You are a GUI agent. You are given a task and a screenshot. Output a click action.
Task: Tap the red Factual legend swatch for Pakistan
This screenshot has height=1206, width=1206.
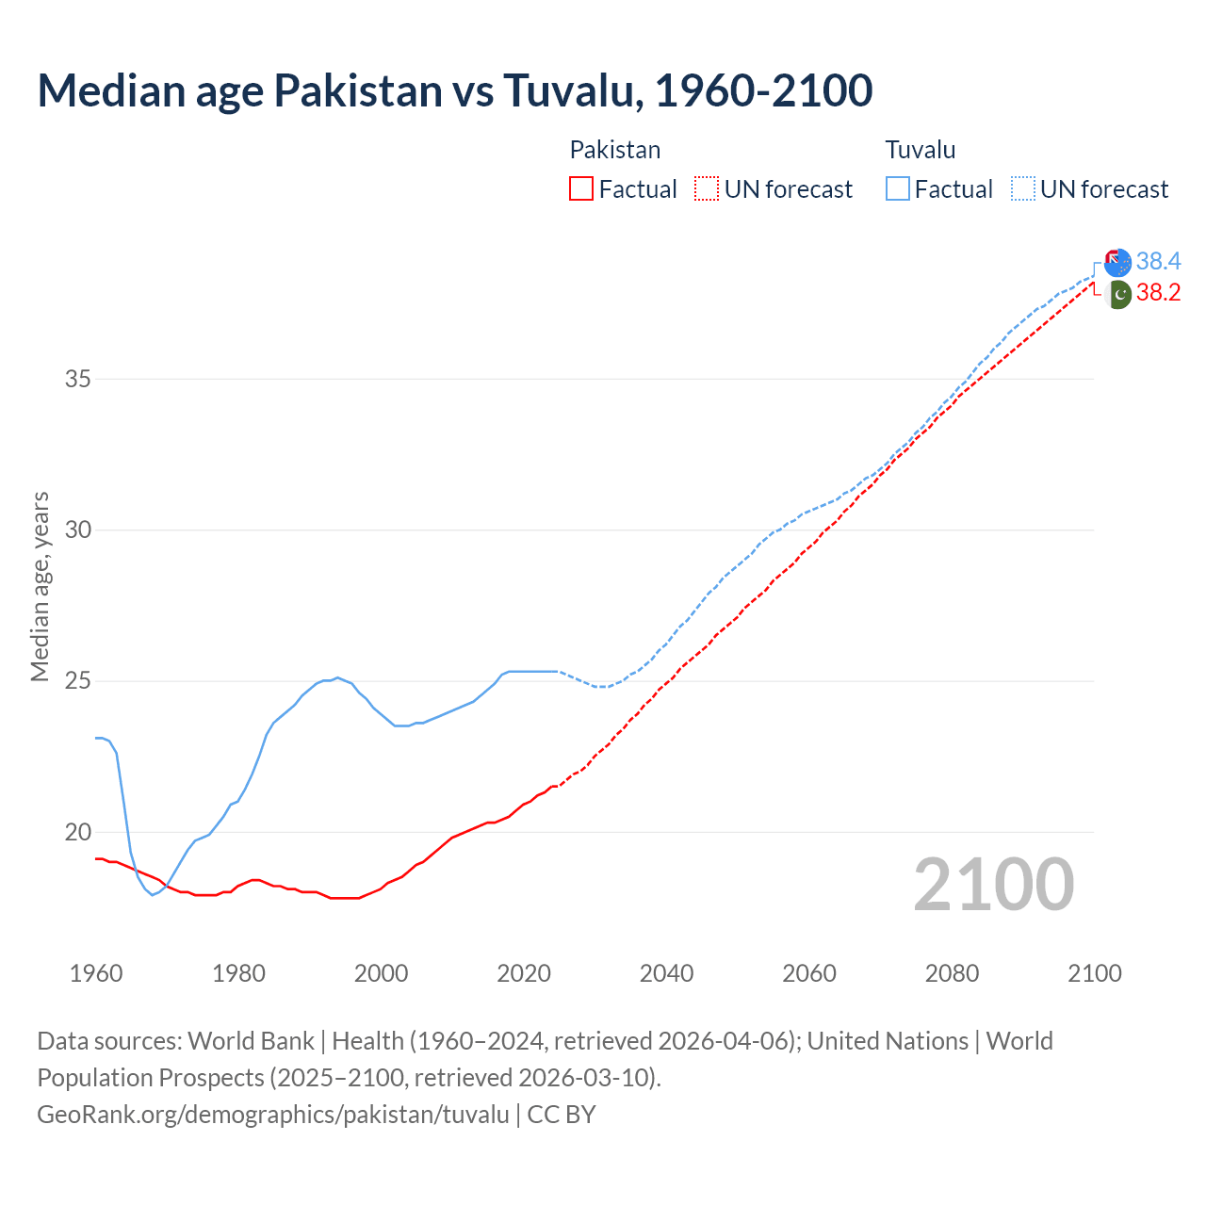(581, 189)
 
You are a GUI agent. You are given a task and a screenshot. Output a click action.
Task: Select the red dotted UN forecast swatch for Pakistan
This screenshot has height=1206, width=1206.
(707, 189)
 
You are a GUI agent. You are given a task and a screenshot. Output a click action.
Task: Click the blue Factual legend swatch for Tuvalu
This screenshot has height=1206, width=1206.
(897, 189)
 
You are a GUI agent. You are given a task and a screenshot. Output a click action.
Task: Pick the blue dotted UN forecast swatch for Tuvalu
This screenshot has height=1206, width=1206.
(1022, 189)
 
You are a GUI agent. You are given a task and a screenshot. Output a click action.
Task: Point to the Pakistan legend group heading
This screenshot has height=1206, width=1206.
(614, 150)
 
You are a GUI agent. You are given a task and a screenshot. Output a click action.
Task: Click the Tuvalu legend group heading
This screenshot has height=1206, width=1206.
(920, 150)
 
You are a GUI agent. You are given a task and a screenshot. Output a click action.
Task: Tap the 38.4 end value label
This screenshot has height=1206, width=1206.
(1158, 261)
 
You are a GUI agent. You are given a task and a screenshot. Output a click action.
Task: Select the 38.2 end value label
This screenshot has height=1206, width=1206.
(1158, 293)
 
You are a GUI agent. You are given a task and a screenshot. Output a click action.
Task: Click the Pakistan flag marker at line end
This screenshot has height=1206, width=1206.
(1117, 294)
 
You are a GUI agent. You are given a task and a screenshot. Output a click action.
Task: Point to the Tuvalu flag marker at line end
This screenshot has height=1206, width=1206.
(1117, 263)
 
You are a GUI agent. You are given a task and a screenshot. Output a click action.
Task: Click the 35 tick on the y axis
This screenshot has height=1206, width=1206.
(78, 380)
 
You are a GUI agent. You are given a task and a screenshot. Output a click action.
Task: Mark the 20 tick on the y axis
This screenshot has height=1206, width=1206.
(78, 832)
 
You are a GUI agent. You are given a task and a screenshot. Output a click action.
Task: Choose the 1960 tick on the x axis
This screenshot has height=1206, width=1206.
(96, 973)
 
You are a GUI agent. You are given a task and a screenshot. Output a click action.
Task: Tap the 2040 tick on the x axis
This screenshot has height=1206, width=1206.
(666, 973)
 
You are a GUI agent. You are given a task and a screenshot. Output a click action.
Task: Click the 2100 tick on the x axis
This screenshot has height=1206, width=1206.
(1094, 973)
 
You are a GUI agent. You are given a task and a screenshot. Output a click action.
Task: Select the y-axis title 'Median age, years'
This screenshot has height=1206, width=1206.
(40, 586)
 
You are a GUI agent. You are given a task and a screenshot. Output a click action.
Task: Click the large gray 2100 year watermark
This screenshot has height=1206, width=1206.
(993, 885)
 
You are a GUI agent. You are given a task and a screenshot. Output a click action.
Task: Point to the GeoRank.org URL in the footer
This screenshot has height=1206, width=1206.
(273, 1115)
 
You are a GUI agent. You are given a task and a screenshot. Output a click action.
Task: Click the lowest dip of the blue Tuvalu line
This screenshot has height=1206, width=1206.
(152, 894)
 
